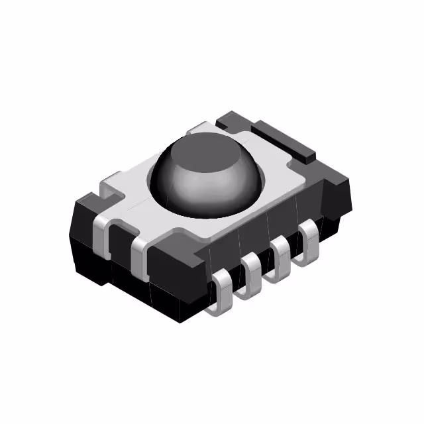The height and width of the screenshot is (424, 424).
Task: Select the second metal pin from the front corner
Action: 252,274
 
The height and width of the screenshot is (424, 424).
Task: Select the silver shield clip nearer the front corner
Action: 140,255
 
